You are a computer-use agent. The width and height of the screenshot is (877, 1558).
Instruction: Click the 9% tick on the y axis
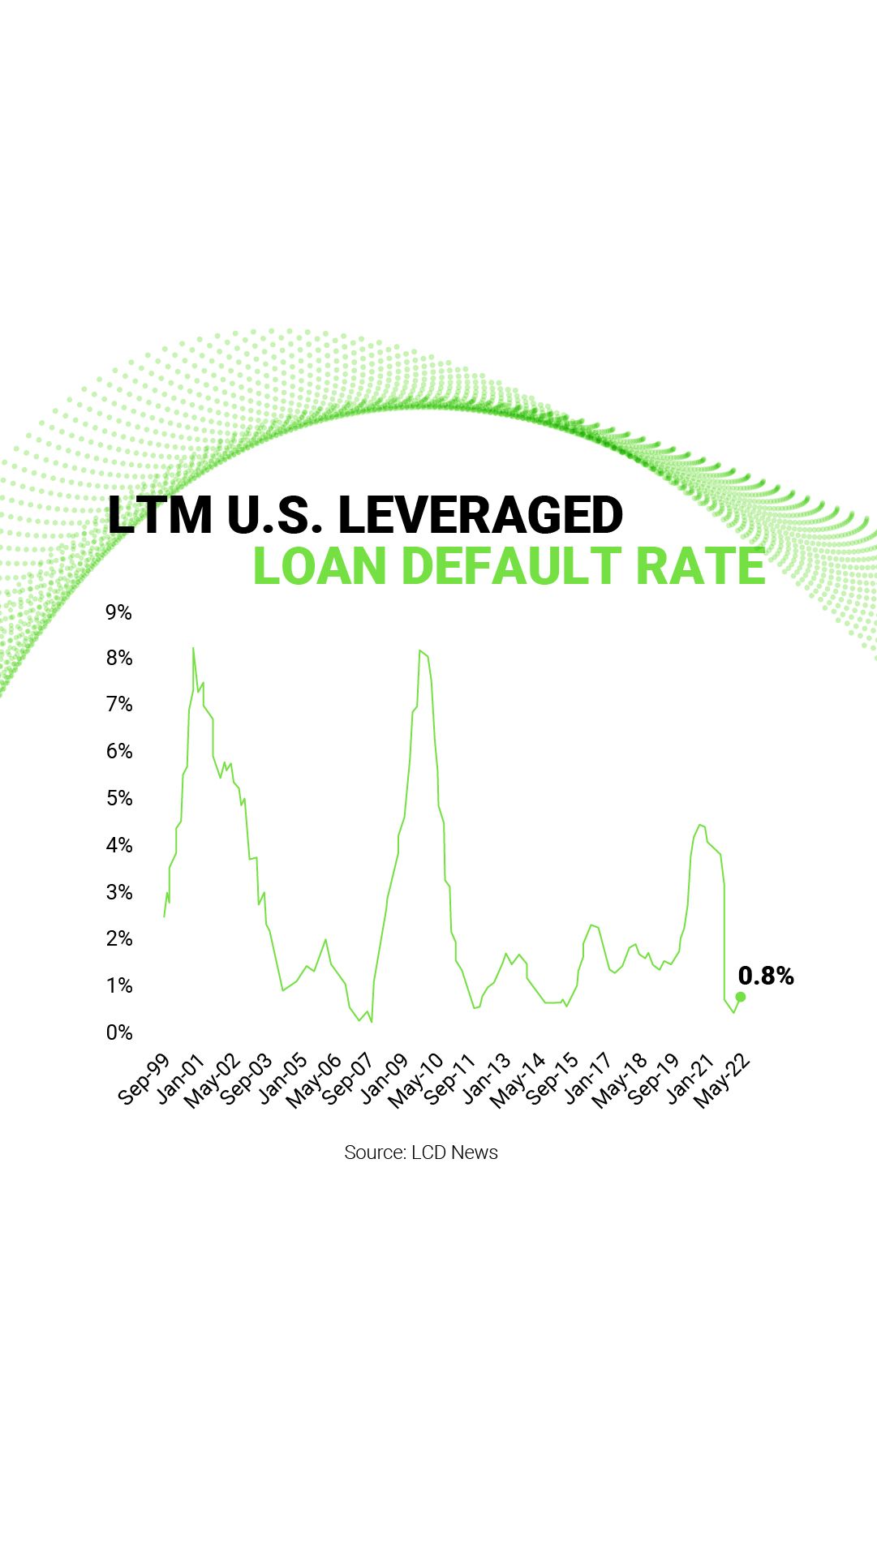pos(118,612)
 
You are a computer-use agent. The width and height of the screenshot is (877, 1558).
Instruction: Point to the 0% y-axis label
pos(118,1032)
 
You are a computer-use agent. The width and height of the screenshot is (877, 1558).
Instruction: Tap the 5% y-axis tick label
pos(118,798)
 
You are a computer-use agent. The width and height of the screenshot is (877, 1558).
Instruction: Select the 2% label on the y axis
pos(118,938)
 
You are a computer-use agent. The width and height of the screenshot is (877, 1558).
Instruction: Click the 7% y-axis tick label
pos(118,704)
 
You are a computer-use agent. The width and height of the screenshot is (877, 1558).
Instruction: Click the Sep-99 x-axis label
pos(144,1079)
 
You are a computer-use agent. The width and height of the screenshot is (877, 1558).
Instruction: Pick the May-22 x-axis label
pos(723,1081)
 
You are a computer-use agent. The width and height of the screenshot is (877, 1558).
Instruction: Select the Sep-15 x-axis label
pos(552,1079)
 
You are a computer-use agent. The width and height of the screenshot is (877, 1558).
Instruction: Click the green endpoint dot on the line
pos(740,997)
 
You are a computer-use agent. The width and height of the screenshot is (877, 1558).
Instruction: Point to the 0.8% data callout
pos(766,976)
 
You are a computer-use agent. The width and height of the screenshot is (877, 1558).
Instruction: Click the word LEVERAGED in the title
pos(480,515)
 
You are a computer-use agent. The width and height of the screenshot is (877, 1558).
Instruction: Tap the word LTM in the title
pos(160,515)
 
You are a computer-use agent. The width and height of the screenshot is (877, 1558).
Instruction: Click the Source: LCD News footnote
pos(421,1152)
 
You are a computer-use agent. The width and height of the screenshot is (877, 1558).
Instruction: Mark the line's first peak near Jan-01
pos(193,648)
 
